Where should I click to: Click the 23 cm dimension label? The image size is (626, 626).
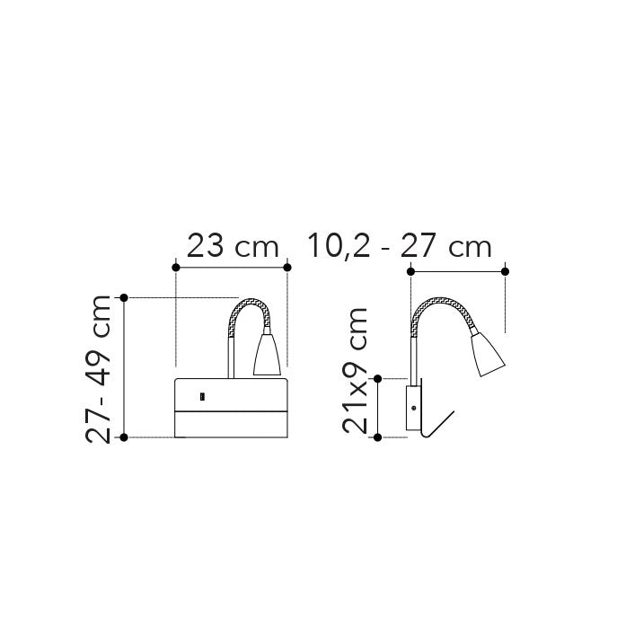tap(233, 245)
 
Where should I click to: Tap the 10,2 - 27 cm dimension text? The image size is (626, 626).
tap(400, 245)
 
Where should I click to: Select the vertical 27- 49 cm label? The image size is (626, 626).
tap(100, 368)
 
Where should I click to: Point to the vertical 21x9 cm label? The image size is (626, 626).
tap(357, 370)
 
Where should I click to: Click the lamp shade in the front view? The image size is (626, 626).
tap(268, 357)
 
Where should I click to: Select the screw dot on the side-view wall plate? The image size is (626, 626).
tap(412, 407)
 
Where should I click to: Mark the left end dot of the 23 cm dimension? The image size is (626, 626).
tap(176, 267)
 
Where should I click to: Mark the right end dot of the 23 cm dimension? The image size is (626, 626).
tap(287, 267)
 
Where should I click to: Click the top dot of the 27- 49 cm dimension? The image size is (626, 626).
tap(125, 297)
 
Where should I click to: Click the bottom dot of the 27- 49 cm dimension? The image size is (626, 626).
tap(125, 437)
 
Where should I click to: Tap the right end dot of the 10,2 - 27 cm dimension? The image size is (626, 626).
tap(506, 271)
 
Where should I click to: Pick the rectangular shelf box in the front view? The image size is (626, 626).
tap(232, 409)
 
